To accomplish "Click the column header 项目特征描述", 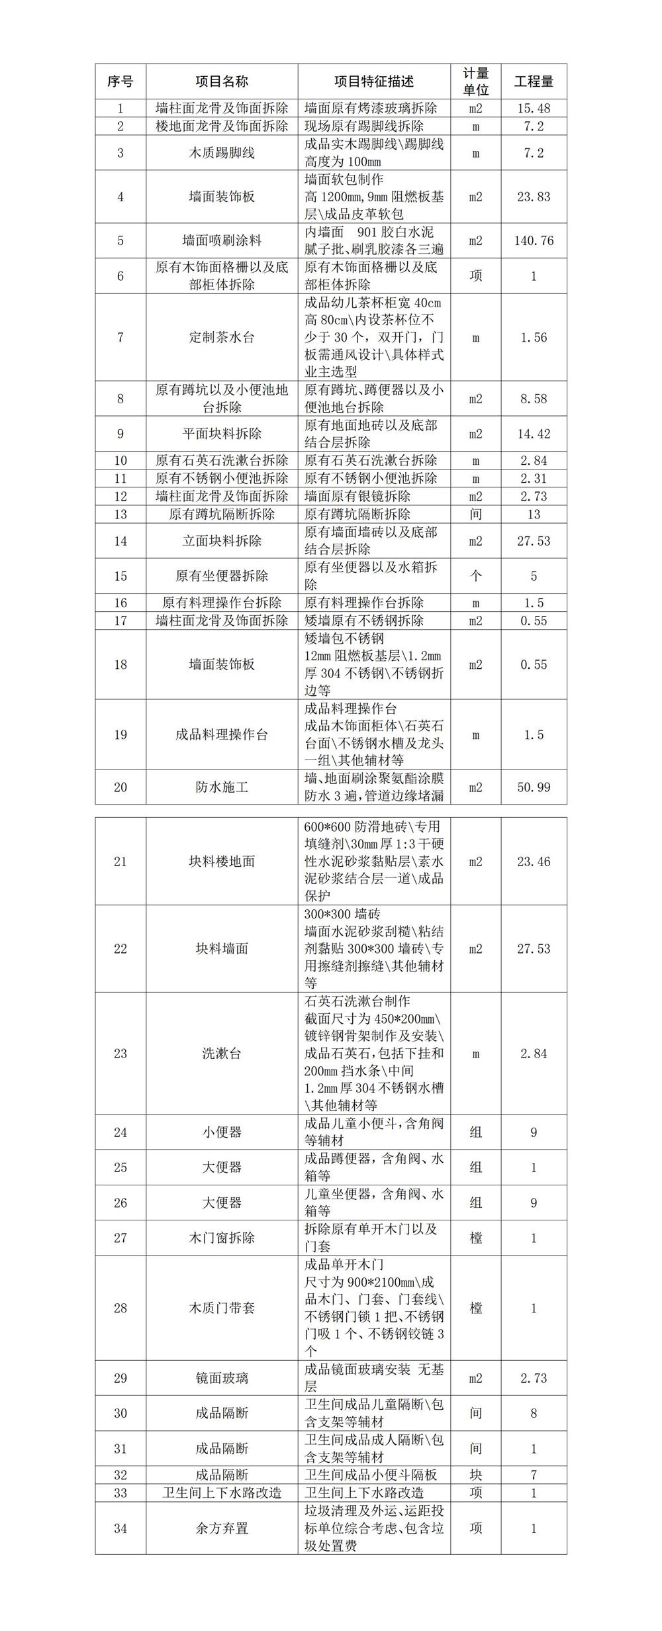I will pos(374,81).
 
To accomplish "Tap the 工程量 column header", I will pos(534,81).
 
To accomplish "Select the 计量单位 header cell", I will pos(475,81).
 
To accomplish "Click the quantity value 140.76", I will pos(534,240).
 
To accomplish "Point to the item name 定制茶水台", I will pos(222,337).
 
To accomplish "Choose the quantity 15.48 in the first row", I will pos(534,108).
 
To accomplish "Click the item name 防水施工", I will pos(222,787).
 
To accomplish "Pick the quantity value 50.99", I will pos(534,787).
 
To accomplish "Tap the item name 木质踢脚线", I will pos(222,153).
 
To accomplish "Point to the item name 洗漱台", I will pos(222,1053).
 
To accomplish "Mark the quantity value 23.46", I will pos(534,862).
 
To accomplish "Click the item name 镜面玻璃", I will pos(222,1378).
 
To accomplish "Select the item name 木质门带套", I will pos(222,1308).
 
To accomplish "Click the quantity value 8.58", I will pos(534,399).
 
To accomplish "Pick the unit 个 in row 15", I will pos(475,576).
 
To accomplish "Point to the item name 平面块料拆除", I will pos(222,434).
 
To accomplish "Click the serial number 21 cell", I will pos(120,862).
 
